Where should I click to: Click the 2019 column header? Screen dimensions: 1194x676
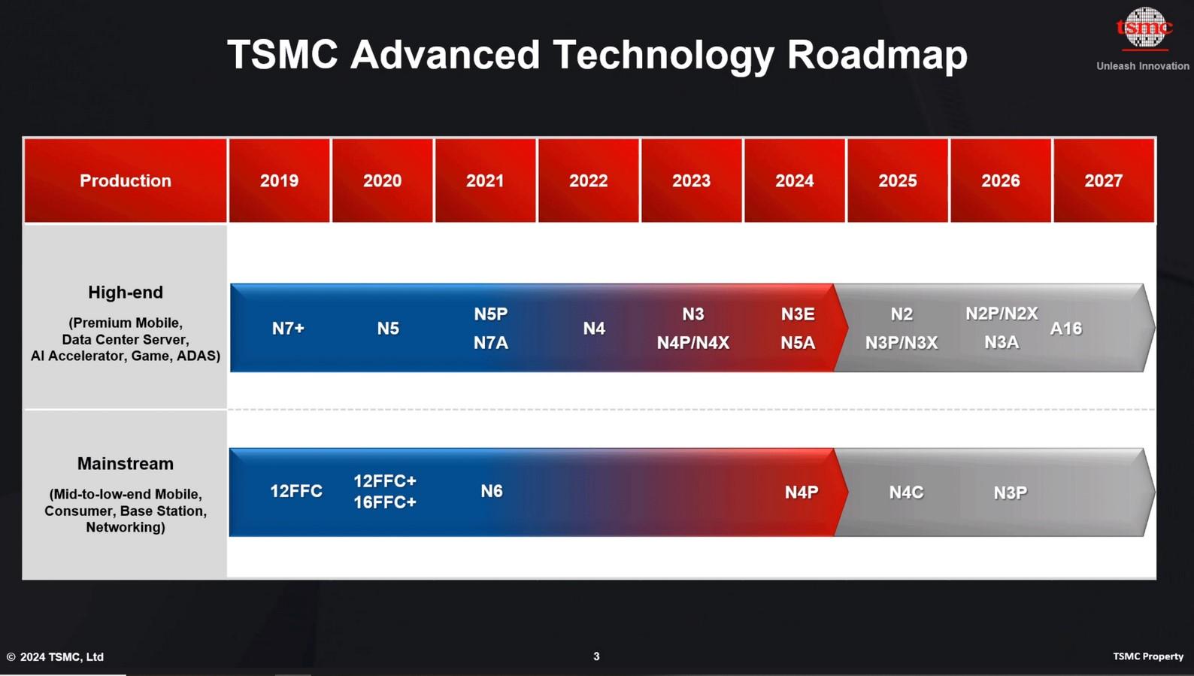pos(279,180)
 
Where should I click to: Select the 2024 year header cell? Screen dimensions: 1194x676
pos(794,180)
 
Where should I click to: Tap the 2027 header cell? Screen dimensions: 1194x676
pos(1103,180)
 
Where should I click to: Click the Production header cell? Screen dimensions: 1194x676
pos(126,180)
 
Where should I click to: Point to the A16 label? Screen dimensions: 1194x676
pos(1066,329)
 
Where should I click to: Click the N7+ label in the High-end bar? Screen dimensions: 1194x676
pos(288,329)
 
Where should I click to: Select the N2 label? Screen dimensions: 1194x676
pos(902,314)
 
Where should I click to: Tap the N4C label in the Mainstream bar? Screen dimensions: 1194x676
pos(906,492)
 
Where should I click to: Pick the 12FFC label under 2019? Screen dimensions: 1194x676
pos(295,491)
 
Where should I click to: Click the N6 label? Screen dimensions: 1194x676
pos(492,491)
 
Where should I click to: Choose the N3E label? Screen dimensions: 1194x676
pos(798,314)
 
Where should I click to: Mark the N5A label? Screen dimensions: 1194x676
pos(798,343)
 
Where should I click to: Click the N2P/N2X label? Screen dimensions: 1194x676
pos(1002,314)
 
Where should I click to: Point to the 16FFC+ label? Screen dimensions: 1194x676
pos(385,502)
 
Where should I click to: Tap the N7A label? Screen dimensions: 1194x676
pos(491,343)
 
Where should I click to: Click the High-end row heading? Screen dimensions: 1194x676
pos(126,293)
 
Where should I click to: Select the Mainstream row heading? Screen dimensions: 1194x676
pos(126,464)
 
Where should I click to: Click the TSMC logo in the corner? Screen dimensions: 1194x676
pos(1144,28)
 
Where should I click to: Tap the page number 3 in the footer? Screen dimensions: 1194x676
pos(596,656)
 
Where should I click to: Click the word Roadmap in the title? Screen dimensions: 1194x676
pos(877,54)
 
